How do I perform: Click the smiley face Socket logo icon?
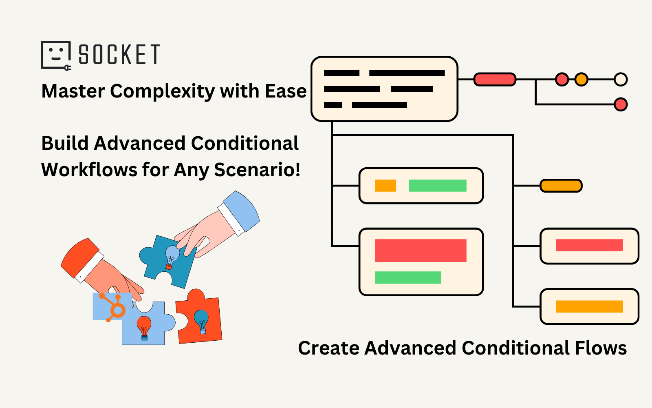click(56, 55)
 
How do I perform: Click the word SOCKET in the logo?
click(119, 55)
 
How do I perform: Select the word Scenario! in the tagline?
click(257, 170)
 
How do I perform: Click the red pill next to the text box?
click(495, 79)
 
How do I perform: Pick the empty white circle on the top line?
click(620, 79)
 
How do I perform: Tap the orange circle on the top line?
click(582, 79)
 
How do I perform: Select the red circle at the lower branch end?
click(620, 104)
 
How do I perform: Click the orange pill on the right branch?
click(561, 186)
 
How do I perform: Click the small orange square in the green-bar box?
click(385, 186)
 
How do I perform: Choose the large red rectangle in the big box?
click(421, 251)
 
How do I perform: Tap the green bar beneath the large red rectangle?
click(407, 277)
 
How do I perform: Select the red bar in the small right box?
click(589, 245)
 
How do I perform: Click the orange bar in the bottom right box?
click(589, 306)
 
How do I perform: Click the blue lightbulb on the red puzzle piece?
click(201, 321)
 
